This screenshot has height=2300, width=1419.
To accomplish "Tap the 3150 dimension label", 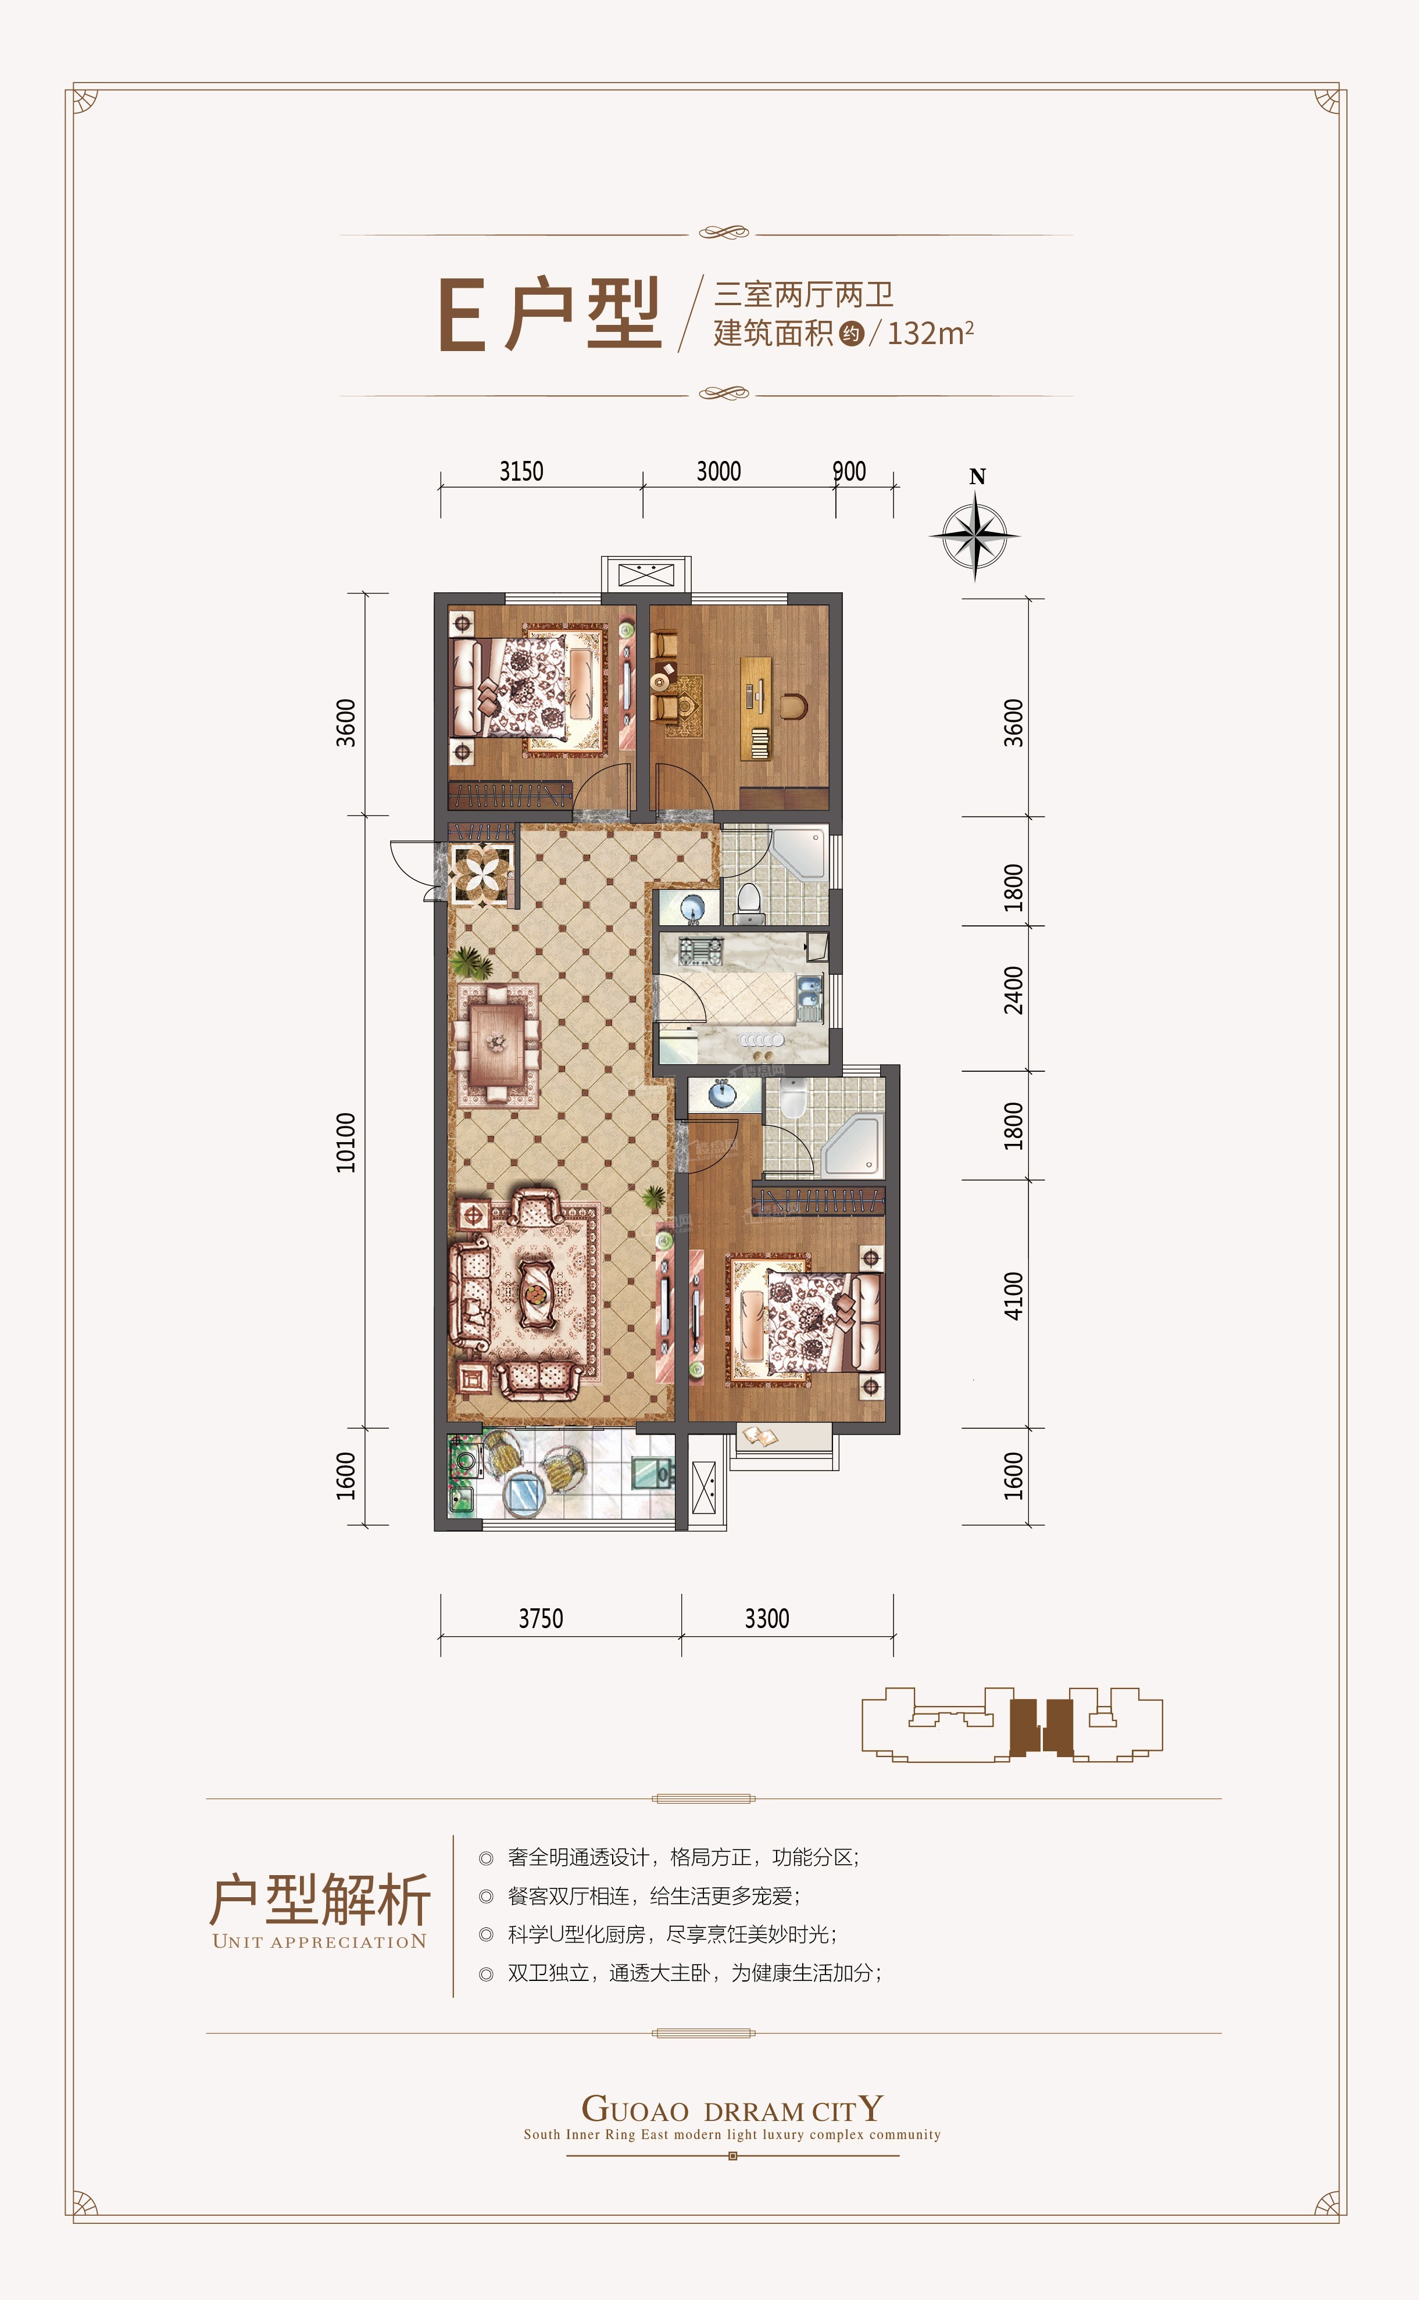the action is pyautogui.click(x=521, y=471).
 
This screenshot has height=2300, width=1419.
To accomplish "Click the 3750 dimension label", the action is pyautogui.click(x=541, y=1619).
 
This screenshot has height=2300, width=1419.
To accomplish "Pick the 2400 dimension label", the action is pyautogui.click(x=1014, y=990).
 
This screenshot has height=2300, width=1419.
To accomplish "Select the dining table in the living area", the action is pyautogui.click(x=498, y=1043).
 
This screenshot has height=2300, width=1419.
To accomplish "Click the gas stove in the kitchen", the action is pyautogui.click(x=700, y=950).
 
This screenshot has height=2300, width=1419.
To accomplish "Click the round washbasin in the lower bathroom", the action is pyautogui.click(x=721, y=1093).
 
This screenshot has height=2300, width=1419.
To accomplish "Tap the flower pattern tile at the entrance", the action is pyautogui.click(x=481, y=875).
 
